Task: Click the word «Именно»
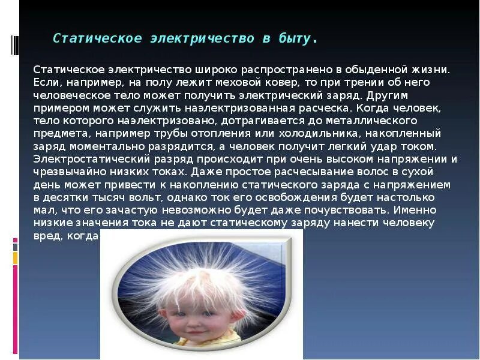coord(416,211)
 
